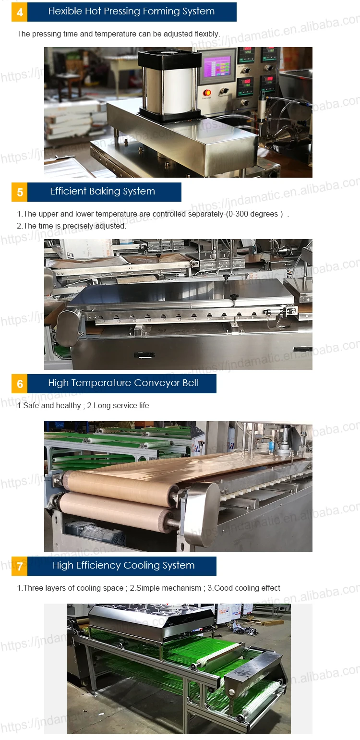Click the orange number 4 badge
point(20,12)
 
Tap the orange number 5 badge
point(20,192)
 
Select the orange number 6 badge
point(20,384)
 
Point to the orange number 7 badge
point(20,566)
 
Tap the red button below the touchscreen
point(207,93)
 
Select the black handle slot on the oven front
point(144,355)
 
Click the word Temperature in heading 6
point(101,383)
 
